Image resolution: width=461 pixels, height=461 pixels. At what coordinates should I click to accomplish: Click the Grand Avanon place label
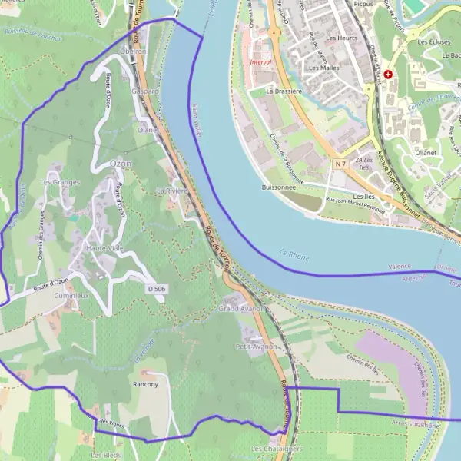pos(241,308)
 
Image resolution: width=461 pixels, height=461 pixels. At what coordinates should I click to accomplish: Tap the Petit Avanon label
pos(255,347)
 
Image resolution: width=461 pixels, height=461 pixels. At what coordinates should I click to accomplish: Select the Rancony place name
pos(145,383)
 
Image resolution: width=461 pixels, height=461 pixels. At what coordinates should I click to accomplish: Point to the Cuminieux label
pos(71,295)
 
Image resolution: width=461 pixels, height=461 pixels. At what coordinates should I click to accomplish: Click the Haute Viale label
pos(104,249)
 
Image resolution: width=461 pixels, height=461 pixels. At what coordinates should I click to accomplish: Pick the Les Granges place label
pos(60,182)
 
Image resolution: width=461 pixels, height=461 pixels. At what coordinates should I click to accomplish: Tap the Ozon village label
pos(120,164)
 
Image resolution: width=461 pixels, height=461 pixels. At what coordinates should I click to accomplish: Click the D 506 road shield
pos(156,288)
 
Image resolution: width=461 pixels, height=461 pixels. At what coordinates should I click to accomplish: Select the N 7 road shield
pos(340,164)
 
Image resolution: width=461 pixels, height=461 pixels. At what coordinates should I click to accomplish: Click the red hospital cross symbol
pos(389,75)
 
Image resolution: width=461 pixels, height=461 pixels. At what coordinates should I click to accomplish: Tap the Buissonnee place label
pos(278,187)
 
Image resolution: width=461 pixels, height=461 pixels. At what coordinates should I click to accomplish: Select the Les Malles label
pos(323,68)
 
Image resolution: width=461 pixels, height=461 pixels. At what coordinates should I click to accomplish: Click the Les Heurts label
pos(341,37)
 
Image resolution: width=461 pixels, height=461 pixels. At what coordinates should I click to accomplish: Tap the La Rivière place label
pos(172,190)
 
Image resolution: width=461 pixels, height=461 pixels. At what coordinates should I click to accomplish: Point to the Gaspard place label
pos(144,91)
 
